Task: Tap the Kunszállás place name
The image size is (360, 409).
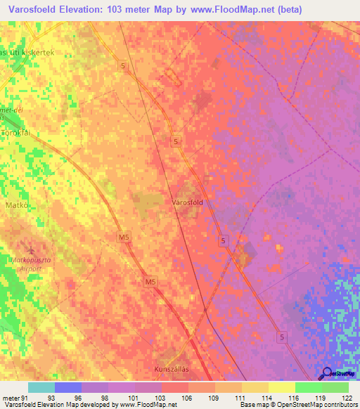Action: (172, 368)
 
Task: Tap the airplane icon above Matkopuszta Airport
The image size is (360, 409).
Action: (30, 249)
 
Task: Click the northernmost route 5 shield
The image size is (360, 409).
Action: (124, 66)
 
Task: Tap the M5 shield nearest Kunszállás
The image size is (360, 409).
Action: (149, 282)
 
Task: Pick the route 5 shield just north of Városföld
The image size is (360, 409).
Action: (175, 142)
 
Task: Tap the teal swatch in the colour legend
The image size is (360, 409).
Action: (41, 387)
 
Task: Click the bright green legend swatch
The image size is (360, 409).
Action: (308, 387)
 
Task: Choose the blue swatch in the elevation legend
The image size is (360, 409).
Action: (67, 387)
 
